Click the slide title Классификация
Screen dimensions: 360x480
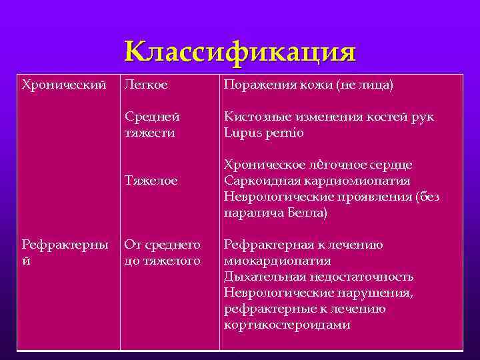click(x=240, y=52)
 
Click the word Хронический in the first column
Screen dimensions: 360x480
click(x=64, y=85)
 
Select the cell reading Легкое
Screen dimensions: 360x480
click(x=147, y=85)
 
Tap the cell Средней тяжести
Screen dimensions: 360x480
click(x=152, y=125)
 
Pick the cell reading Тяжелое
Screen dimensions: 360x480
click(x=151, y=181)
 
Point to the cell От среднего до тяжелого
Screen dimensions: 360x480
click(x=162, y=253)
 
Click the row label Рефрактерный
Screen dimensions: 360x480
click(x=65, y=252)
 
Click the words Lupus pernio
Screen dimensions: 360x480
click(x=264, y=133)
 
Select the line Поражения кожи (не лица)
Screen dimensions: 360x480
click(x=309, y=85)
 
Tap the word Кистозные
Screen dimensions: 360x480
click(x=255, y=117)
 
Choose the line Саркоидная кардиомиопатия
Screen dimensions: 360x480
click(x=317, y=181)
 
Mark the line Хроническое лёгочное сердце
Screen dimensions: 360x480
click(x=318, y=165)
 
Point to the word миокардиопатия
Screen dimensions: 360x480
click(x=277, y=261)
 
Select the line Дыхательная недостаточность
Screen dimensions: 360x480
click(x=319, y=277)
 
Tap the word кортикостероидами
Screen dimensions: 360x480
click(x=287, y=325)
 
